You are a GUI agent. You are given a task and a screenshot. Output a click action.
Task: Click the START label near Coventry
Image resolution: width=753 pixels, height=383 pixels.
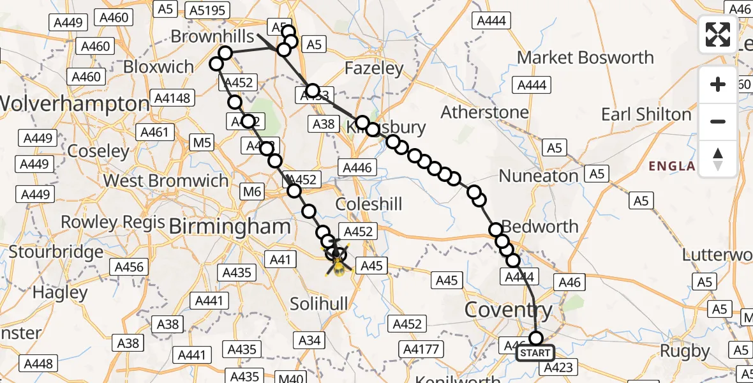click(535, 353)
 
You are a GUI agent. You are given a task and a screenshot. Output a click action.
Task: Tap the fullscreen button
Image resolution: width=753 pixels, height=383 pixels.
click(718, 34)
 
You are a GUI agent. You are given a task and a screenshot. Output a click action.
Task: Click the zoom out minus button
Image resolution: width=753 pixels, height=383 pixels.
click(718, 121)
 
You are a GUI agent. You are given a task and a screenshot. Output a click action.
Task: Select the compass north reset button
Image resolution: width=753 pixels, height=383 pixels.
click(718, 158)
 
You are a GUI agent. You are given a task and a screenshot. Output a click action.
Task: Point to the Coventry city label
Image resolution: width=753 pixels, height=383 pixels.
click(508, 311)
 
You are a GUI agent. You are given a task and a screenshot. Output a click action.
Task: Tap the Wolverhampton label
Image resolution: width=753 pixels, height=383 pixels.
click(75, 103)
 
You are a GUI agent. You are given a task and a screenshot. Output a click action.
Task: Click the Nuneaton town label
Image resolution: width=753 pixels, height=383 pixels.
click(539, 176)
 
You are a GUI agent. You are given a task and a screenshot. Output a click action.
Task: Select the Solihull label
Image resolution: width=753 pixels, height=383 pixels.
click(319, 304)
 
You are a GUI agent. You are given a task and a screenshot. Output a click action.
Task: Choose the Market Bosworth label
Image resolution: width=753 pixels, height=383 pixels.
click(585, 57)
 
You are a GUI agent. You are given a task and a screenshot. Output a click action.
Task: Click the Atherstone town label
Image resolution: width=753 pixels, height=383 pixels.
click(484, 113)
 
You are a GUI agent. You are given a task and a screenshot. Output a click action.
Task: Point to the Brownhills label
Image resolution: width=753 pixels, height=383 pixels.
click(212, 37)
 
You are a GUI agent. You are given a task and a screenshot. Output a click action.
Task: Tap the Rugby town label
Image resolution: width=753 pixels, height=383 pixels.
click(685, 351)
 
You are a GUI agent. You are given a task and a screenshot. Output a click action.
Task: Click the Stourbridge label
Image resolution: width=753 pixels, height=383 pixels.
click(56, 252)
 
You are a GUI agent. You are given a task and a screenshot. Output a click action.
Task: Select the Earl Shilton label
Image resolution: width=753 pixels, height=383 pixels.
click(646, 115)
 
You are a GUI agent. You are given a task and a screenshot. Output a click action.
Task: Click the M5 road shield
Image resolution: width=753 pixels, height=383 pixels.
click(202, 143)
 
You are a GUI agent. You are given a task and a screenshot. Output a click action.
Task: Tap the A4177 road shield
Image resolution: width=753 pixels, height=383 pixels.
click(422, 349)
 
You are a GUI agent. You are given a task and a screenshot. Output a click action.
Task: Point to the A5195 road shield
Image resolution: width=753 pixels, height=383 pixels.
click(207, 10)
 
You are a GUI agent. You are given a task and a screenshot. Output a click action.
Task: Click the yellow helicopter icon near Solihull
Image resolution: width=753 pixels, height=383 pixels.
click(338, 262)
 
